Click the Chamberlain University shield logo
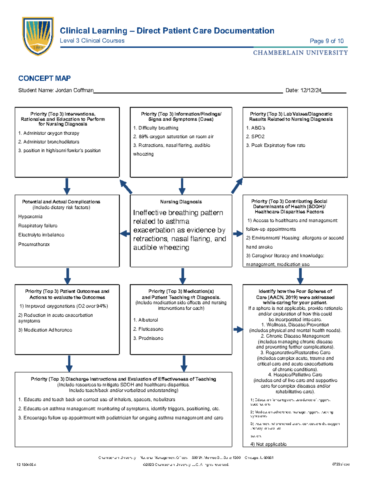38,36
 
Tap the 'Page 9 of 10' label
327,41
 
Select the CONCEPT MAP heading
44,78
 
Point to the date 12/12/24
311,90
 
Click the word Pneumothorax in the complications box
34,244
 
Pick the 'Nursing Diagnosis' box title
181,202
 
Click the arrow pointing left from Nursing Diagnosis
125,234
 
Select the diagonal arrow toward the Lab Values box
237,186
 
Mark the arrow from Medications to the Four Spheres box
238,330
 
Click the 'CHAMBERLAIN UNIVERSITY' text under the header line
300,53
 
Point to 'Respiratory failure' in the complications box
38,226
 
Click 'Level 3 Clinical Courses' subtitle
92,41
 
